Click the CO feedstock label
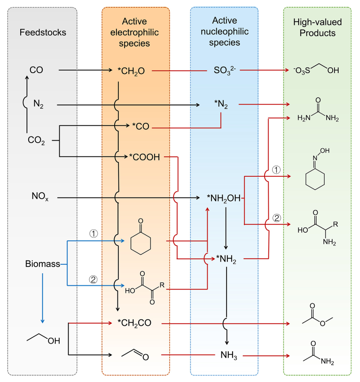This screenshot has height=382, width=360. click(x=36, y=69)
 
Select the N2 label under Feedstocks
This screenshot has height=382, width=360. click(x=38, y=105)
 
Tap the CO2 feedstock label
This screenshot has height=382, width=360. click(x=36, y=140)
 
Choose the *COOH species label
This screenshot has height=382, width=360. click(x=144, y=157)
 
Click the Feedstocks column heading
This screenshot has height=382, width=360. click(x=43, y=32)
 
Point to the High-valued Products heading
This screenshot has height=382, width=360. click(x=317, y=28)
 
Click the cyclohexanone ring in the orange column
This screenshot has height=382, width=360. click(x=140, y=243)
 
